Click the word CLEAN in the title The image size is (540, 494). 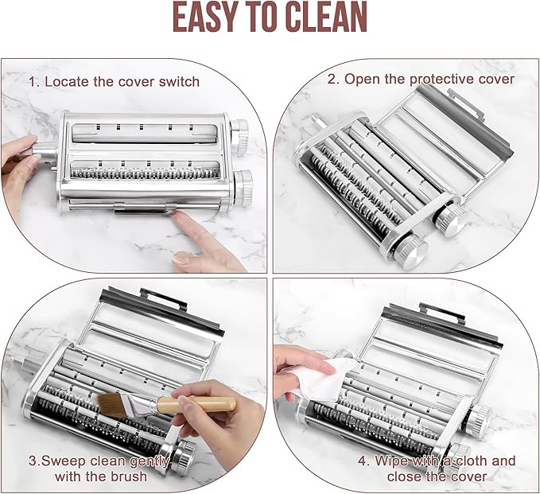coord(326,17)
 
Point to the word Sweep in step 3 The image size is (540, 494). coord(62,461)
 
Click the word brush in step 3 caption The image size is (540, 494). coord(129,476)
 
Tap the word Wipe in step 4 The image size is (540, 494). coord(390,461)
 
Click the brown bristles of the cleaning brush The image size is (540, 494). coord(112,405)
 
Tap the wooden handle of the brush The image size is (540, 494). coord(196,404)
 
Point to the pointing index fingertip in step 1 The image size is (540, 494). coord(178,216)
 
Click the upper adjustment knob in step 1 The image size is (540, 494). coord(239,137)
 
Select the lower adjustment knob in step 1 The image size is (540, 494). coord(243,188)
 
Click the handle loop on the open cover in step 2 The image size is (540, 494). coord(468,104)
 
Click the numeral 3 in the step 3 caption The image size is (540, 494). coord(32,461)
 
